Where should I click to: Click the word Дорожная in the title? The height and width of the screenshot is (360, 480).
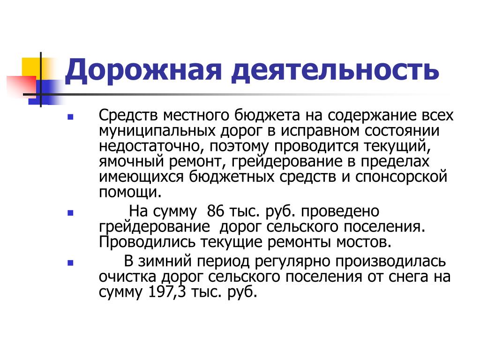143,71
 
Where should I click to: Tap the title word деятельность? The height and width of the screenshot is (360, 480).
335,71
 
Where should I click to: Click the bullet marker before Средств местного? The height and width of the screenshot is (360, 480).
70,117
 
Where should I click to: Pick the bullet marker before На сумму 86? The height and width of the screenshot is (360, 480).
70,213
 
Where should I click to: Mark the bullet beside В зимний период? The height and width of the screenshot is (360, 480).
70,262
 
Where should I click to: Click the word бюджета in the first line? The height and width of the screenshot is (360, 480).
267,116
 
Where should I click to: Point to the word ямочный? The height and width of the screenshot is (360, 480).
132,162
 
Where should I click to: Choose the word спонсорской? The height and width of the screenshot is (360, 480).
401,177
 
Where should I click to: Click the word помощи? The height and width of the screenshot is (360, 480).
130,192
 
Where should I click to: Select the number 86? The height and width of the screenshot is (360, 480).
216,211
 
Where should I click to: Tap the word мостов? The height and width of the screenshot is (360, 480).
364,242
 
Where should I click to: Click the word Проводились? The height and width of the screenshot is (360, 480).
147,243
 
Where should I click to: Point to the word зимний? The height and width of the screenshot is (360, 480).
165,262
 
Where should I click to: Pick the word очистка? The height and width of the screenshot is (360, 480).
127,277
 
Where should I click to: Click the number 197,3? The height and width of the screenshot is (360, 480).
167,292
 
